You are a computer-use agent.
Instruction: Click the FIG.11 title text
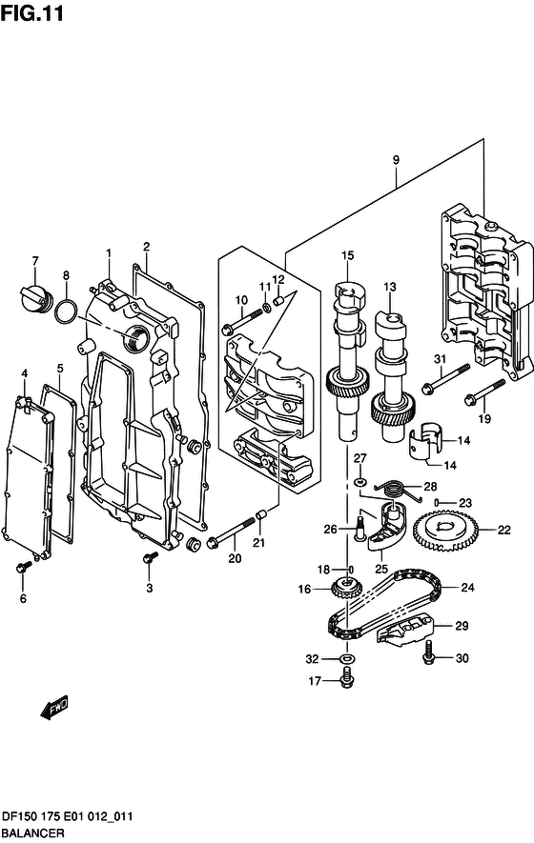[31, 13]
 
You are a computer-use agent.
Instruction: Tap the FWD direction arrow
[54, 707]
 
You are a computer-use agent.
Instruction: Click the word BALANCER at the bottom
[32, 833]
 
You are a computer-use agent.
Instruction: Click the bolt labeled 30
[429, 652]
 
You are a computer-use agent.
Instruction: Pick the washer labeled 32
[347, 658]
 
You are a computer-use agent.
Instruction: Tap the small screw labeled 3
[150, 558]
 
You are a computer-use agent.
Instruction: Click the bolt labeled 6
[23, 566]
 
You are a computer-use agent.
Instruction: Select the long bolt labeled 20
[231, 532]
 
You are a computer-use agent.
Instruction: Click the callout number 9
[396, 160]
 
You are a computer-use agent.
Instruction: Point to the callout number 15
[348, 255]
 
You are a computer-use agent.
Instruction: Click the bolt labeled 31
[445, 378]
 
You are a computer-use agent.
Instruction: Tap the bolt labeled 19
[484, 392]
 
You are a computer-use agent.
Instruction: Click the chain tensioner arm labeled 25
[385, 526]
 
